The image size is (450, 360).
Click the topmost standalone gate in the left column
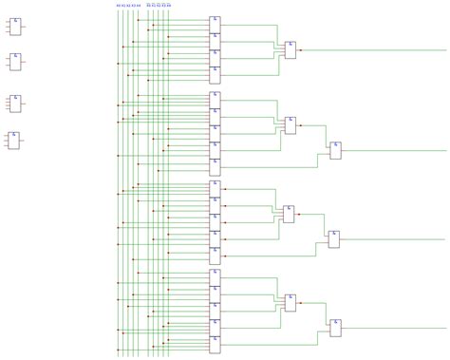[15, 26]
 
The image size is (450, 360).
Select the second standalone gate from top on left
[15, 62]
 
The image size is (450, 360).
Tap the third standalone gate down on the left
[15, 102]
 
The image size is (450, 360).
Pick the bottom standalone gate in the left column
[14, 140]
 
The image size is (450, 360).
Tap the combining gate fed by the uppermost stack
[290, 49]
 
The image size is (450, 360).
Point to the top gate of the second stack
[216, 99]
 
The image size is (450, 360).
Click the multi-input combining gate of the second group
[290, 124]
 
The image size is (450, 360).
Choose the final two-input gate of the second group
[334, 150]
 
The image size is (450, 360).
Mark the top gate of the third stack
[216, 187]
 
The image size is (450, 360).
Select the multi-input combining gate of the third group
[289, 214]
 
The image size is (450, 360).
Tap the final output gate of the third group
[334, 238]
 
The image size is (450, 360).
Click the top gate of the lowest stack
[216, 276]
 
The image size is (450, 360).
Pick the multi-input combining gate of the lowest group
[290, 303]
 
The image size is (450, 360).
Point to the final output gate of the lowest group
[334, 329]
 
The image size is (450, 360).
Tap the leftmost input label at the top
[119, 5]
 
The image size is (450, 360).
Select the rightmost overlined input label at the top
[170, 5]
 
